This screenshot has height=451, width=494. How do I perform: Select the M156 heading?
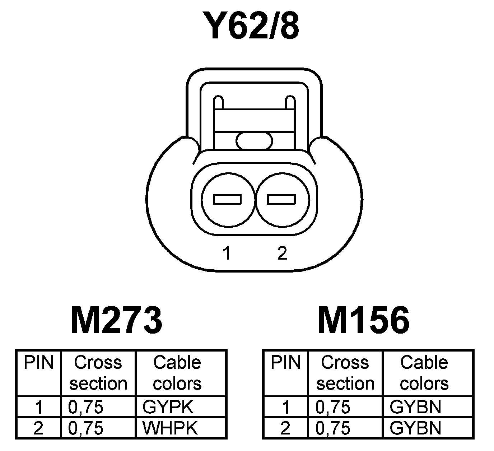[x=363, y=320]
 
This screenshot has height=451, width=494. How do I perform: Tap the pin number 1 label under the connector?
[x=227, y=254]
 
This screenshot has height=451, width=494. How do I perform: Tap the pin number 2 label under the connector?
[x=282, y=254]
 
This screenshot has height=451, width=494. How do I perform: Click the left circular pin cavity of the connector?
[x=228, y=199]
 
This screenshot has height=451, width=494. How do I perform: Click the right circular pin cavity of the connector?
[x=282, y=199]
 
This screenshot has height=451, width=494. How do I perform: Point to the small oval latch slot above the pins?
[x=254, y=140]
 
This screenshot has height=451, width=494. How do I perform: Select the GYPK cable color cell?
[x=168, y=407]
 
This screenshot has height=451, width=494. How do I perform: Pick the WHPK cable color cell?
[x=170, y=428]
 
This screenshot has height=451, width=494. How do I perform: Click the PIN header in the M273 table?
[x=39, y=363]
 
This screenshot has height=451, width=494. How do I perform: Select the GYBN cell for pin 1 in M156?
[x=415, y=407]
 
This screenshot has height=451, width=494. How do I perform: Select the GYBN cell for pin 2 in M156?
[x=415, y=428]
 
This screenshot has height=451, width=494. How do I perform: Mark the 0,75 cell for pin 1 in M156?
[x=333, y=407]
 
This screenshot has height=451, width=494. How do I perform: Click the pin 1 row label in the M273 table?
[x=39, y=407]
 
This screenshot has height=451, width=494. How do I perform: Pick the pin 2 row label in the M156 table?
[x=285, y=428]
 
